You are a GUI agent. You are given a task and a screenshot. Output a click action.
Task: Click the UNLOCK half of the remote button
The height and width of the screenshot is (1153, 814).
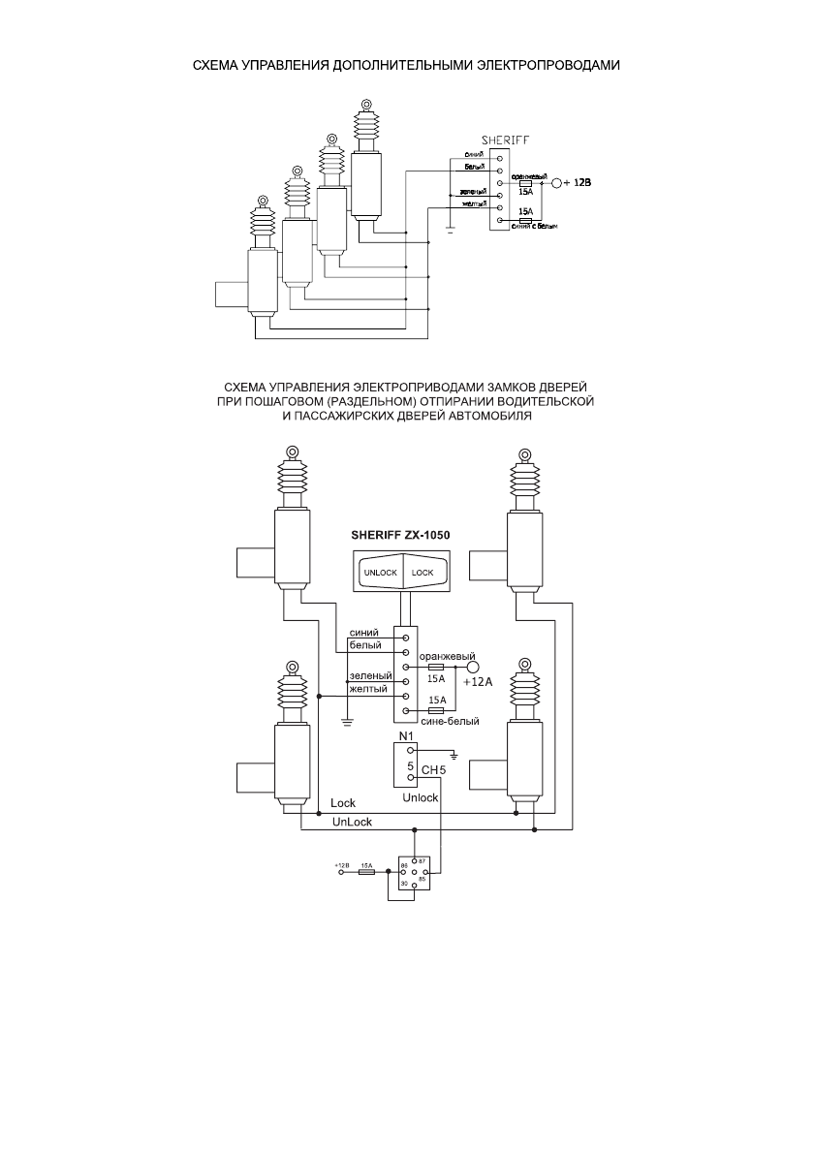[x=380, y=572]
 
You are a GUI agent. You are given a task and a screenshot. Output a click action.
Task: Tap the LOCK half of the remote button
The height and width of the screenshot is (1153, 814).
[x=423, y=572]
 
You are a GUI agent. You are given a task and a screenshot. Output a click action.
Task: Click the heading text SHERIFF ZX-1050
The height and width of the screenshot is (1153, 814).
[x=400, y=534]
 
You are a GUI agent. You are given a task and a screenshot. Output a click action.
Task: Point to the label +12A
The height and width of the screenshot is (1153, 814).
[x=479, y=682]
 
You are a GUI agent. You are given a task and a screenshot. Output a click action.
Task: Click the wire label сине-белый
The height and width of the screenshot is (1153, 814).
[x=444, y=721]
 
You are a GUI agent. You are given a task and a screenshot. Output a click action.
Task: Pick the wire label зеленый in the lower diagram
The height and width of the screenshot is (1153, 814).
[x=369, y=675]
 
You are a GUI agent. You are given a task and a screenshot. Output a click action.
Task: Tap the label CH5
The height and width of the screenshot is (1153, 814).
[x=432, y=770]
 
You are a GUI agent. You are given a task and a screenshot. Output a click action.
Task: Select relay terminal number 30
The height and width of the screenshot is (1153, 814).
[x=404, y=884]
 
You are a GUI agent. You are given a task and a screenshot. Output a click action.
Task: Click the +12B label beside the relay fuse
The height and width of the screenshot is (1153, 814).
[x=341, y=863]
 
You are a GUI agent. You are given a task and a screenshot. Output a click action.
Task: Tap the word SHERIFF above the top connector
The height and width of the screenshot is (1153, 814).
[x=506, y=140]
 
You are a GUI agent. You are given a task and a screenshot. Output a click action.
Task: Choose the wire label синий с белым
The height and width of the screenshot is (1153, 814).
[x=534, y=227]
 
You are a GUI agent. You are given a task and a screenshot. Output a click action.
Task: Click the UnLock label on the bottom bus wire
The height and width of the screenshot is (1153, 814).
[x=352, y=822]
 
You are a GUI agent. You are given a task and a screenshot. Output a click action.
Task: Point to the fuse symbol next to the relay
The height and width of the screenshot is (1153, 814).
[x=367, y=872]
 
